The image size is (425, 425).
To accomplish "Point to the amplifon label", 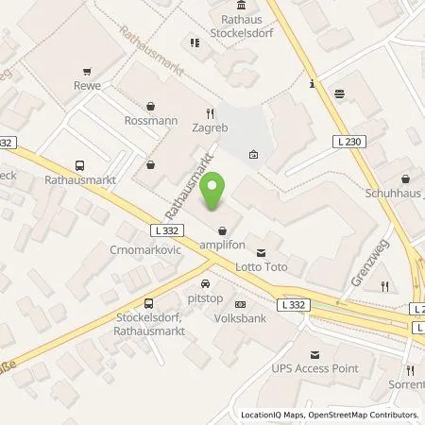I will coord(222,245).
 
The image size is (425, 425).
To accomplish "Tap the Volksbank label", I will coord(239,318).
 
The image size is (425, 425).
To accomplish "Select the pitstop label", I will coord(204,297).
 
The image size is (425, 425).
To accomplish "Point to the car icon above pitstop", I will coord(204,283).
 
